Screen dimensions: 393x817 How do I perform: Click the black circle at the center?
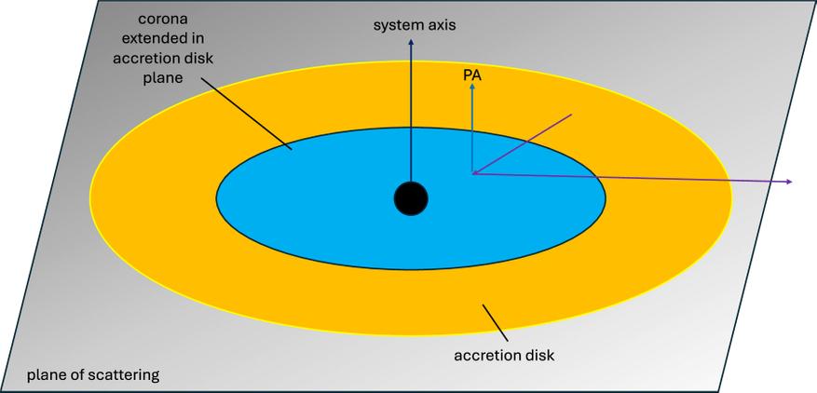[x=411, y=198]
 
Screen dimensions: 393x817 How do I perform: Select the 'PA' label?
[x=472, y=72]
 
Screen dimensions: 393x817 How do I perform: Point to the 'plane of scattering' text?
[x=93, y=375]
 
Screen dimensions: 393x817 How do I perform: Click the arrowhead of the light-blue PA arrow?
[x=472, y=86]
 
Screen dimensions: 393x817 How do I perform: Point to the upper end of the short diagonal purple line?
[x=570, y=115]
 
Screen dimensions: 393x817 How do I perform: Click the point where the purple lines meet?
[x=473, y=172]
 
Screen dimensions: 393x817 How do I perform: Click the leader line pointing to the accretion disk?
[x=495, y=322]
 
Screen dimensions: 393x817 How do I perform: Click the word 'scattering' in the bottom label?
[x=127, y=375]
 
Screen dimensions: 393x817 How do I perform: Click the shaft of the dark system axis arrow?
[x=410, y=112]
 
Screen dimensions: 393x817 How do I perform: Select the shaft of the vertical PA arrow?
[x=472, y=130]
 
